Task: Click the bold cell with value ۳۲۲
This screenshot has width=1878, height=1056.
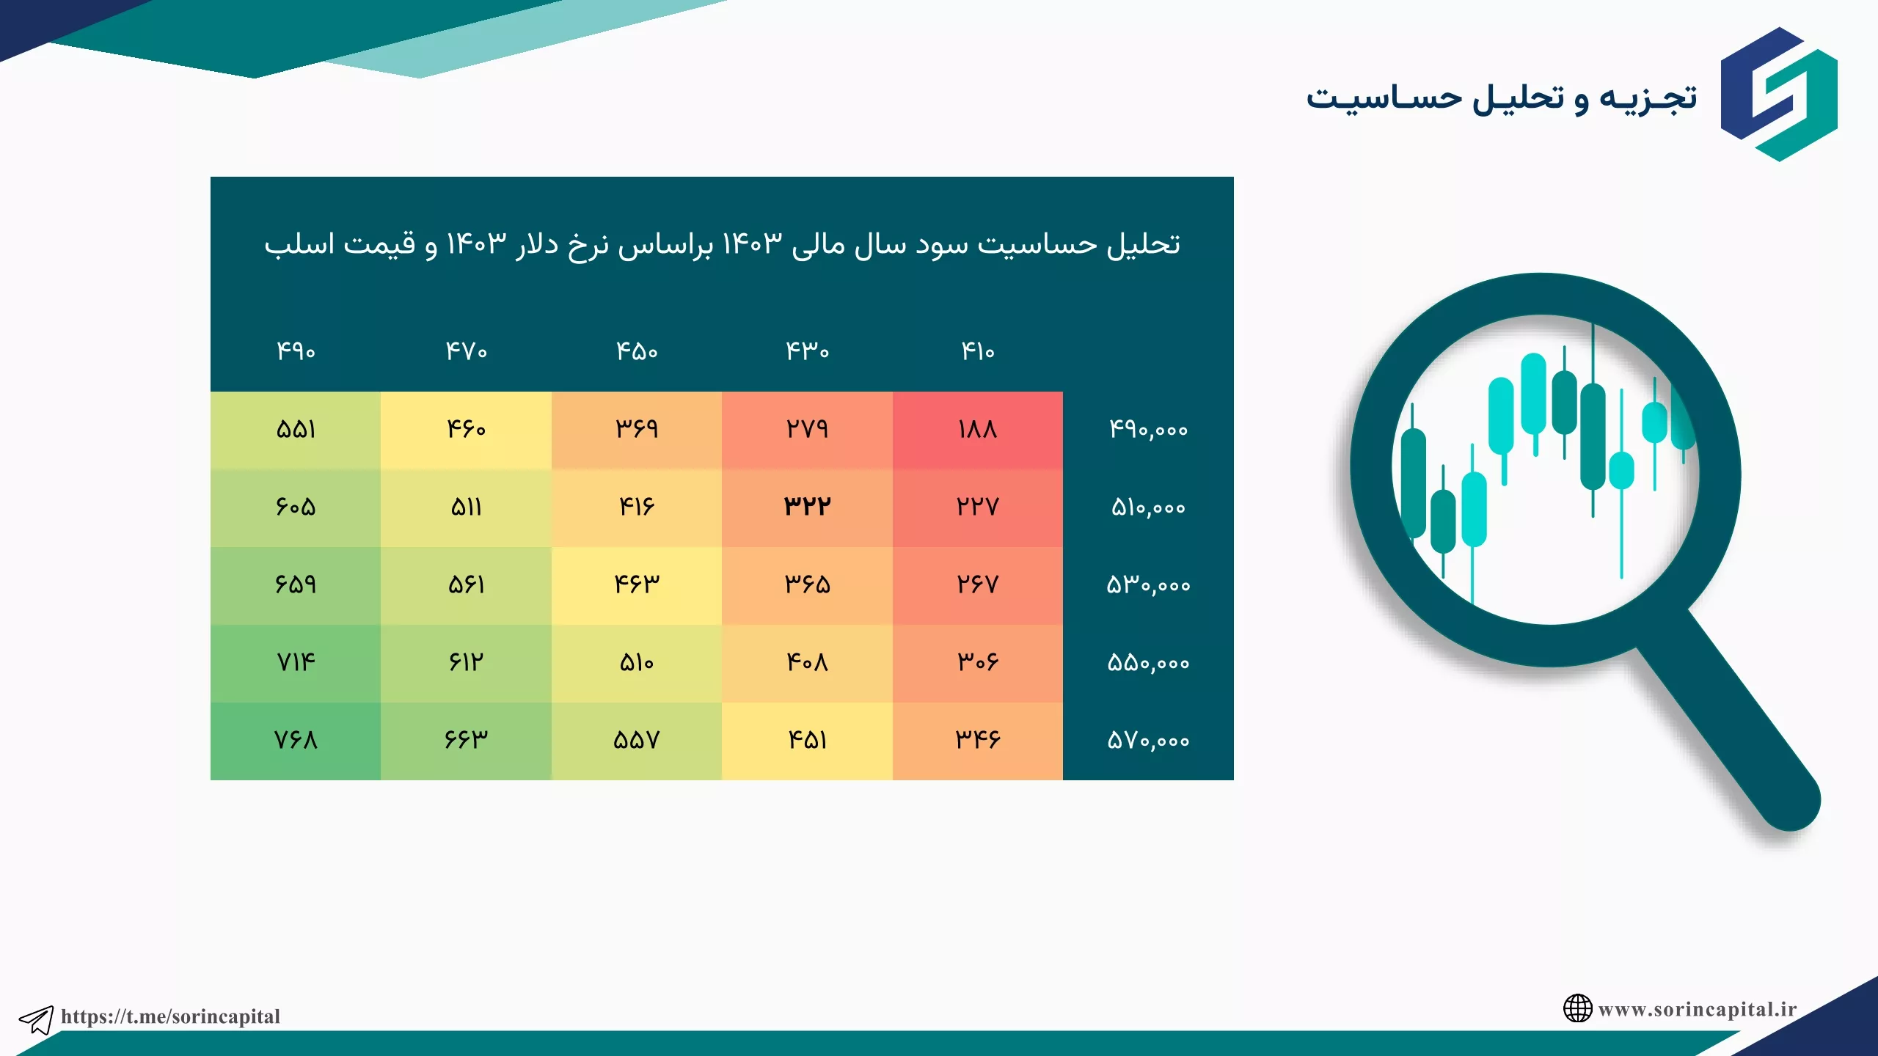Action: [807, 507]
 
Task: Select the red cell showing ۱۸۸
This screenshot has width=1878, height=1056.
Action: [977, 429]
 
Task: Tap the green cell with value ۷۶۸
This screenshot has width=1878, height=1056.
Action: [296, 740]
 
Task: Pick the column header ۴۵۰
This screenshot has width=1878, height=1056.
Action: [636, 351]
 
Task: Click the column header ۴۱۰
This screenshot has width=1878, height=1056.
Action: [977, 351]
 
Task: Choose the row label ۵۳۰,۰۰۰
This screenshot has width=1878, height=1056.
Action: [1148, 585]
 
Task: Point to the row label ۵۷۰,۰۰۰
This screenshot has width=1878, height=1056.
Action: [1148, 741]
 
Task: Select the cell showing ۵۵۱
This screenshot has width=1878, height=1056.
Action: [296, 429]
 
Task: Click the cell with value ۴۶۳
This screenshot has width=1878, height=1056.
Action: [636, 584]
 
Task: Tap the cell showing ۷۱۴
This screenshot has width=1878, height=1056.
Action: [296, 662]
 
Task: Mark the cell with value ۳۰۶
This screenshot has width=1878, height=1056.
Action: [977, 662]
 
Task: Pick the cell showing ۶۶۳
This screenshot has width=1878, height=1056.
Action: [466, 740]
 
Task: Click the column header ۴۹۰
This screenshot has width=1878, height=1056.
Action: [296, 351]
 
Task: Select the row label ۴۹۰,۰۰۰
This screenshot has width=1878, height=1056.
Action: [1148, 430]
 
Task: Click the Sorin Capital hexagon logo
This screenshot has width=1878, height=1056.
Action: [1779, 94]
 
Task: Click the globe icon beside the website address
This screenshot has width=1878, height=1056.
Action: [1577, 1008]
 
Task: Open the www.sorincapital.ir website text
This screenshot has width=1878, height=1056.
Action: [1698, 1010]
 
